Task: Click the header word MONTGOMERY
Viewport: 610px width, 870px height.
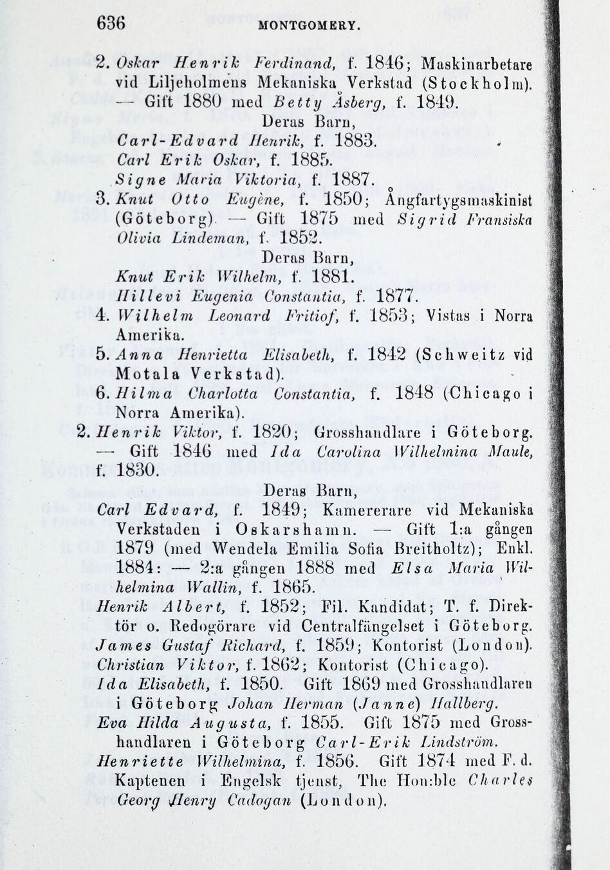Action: [308, 27]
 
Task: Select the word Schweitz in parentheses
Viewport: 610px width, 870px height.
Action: [468, 355]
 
